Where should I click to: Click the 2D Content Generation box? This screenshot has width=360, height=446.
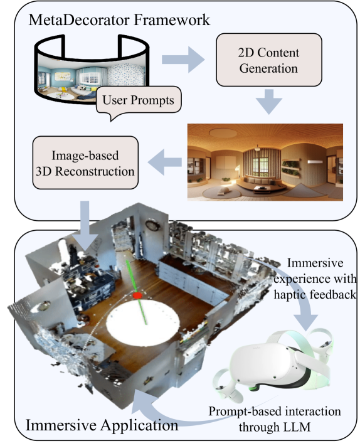click(268, 60)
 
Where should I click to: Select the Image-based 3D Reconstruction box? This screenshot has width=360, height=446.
click(85, 162)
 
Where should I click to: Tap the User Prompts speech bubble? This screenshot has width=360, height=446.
click(139, 101)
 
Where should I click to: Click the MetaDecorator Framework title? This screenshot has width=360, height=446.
click(119, 20)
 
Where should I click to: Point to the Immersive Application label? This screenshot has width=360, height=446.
click(102, 425)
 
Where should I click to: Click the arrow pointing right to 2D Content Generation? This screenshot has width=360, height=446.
click(183, 60)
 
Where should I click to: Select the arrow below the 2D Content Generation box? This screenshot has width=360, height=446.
click(268, 102)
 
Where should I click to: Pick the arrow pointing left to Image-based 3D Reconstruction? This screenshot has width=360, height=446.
click(165, 162)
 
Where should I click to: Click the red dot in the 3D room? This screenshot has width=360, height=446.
click(137, 295)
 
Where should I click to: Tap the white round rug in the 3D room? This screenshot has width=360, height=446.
click(143, 320)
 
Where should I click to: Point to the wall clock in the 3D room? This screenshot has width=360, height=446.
click(151, 225)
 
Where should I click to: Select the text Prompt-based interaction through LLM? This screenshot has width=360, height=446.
click(275, 419)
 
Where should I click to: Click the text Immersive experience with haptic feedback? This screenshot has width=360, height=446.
click(315, 279)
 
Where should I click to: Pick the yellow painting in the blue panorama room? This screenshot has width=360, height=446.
click(63, 76)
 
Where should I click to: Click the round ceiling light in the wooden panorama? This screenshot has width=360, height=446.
click(223, 132)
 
